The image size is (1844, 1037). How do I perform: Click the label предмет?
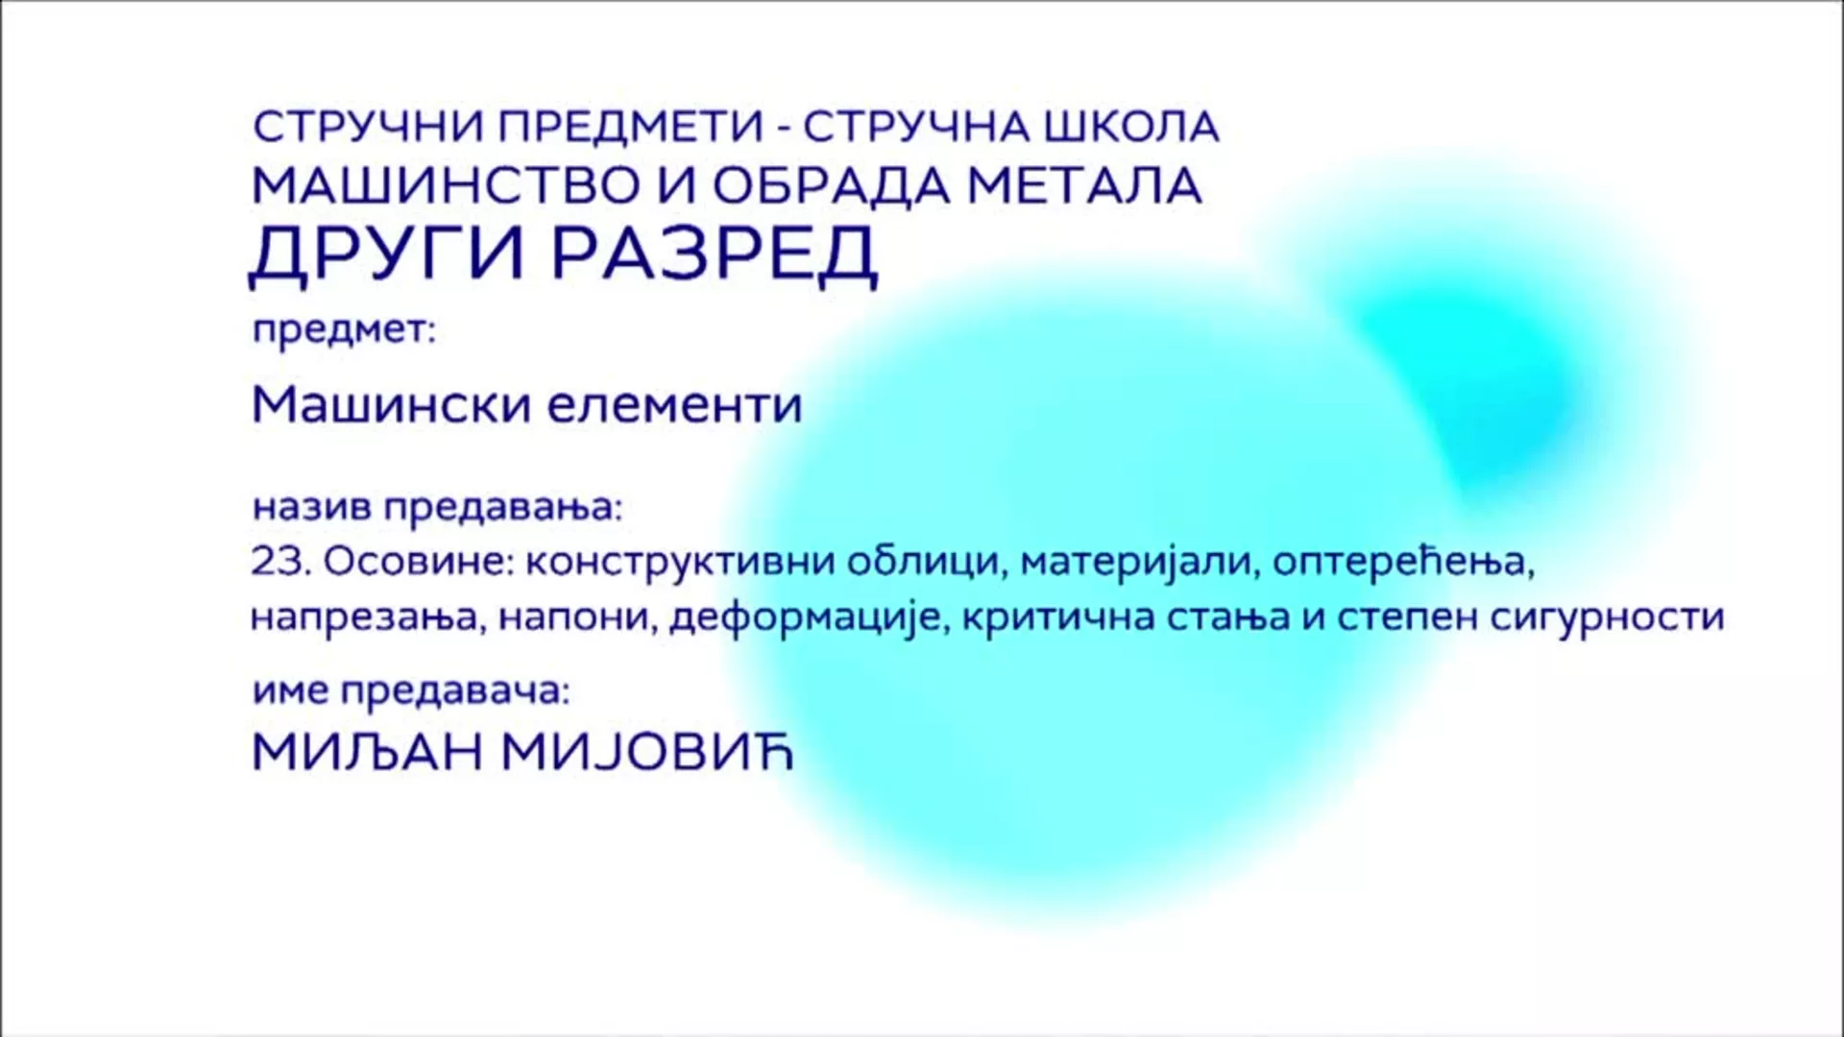(x=344, y=332)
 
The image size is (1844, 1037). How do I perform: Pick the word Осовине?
(x=419, y=562)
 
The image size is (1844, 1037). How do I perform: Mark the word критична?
(x=1057, y=617)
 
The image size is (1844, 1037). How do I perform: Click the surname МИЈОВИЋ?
(x=648, y=751)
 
